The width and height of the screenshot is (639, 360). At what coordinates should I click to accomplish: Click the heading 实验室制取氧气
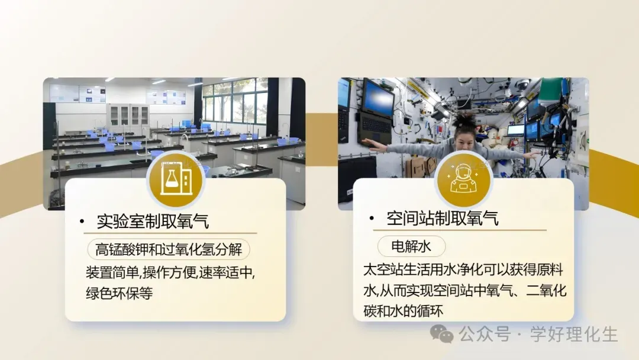(x=153, y=221)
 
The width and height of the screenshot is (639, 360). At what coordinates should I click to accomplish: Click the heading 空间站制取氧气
(x=443, y=218)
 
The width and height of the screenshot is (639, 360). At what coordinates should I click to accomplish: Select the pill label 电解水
(x=412, y=246)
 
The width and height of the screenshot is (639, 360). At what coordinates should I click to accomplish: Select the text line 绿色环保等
(x=120, y=293)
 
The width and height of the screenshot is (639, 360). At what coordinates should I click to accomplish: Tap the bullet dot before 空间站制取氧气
(x=372, y=218)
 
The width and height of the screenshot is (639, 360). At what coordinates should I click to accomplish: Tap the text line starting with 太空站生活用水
(x=463, y=270)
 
